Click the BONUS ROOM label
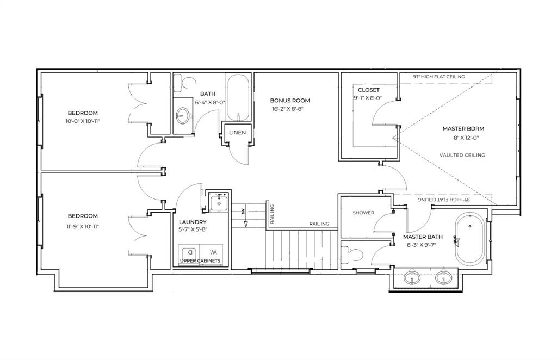290,101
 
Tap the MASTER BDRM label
463,129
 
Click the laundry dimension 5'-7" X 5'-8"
193,230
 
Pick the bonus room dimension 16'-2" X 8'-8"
290,109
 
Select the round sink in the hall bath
183,115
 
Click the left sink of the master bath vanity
413,279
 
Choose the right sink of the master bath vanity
444,279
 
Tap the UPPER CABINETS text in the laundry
201,262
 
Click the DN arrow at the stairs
245,218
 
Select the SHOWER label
363,213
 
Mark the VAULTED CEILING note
462,155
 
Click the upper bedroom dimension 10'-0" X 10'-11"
83,121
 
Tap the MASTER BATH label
423,237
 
